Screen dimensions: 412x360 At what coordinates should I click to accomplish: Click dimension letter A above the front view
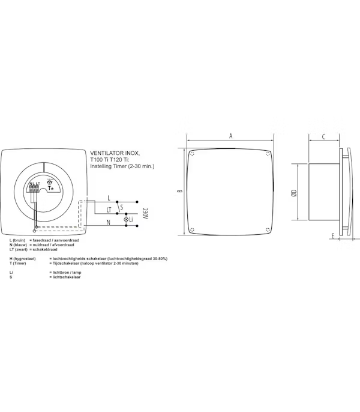click(231, 136)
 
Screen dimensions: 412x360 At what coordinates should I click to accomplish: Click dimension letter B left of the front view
click(179, 192)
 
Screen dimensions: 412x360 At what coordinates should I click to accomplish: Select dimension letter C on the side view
click(323, 137)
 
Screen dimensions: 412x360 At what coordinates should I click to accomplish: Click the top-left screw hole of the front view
click(191, 154)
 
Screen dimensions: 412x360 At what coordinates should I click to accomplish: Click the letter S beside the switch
click(122, 208)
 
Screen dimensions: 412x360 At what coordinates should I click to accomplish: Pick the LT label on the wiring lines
click(109, 210)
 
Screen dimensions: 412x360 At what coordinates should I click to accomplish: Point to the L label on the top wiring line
click(108, 198)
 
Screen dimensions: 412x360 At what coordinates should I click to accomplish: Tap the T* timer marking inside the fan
click(51, 188)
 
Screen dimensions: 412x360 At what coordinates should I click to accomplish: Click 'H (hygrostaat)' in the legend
click(23, 258)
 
